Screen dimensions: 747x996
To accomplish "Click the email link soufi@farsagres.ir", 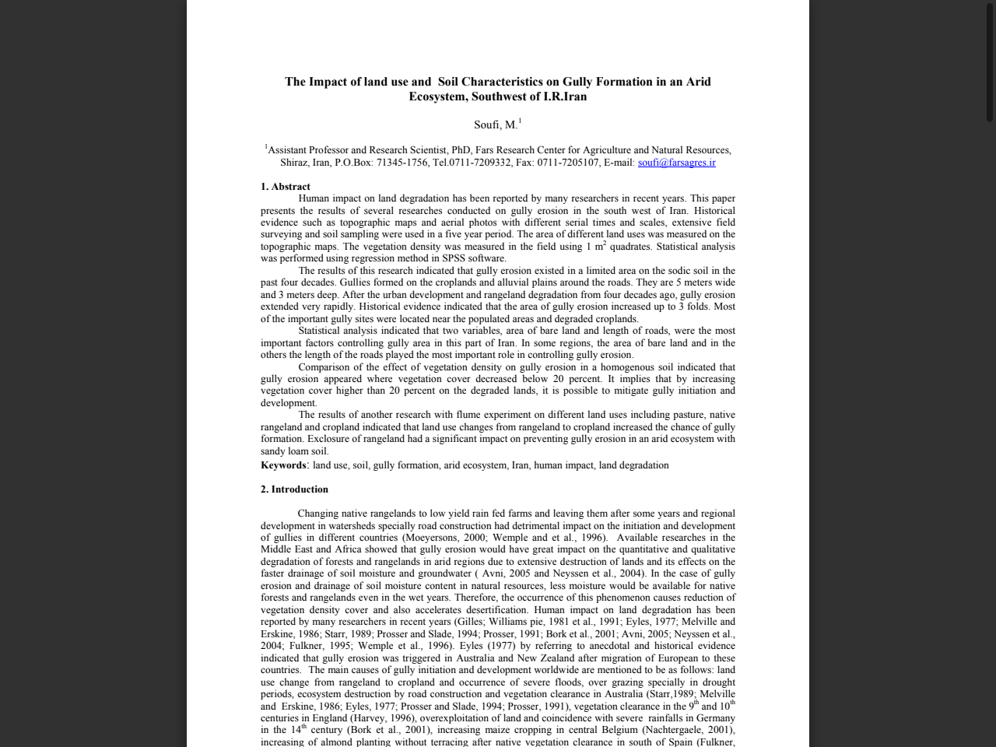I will tap(676, 163).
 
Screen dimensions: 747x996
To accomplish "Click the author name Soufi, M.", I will tap(495, 124).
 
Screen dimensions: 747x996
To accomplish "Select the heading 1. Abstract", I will tap(286, 187).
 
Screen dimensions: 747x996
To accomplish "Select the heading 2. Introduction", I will tap(294, 489).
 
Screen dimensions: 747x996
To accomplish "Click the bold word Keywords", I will tap(283, 465).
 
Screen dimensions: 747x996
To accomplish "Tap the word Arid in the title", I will tap(698, 82).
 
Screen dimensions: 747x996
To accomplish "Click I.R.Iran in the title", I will tap(565, 96).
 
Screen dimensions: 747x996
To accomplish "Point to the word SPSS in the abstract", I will tap(453, 258).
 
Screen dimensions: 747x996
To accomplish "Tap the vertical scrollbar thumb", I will tap(990, 62).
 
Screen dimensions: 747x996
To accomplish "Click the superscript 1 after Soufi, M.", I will tap(520, 121).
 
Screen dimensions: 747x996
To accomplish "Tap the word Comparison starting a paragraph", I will tap(324, 367).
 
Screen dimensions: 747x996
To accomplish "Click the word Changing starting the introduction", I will tap(317, 514).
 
